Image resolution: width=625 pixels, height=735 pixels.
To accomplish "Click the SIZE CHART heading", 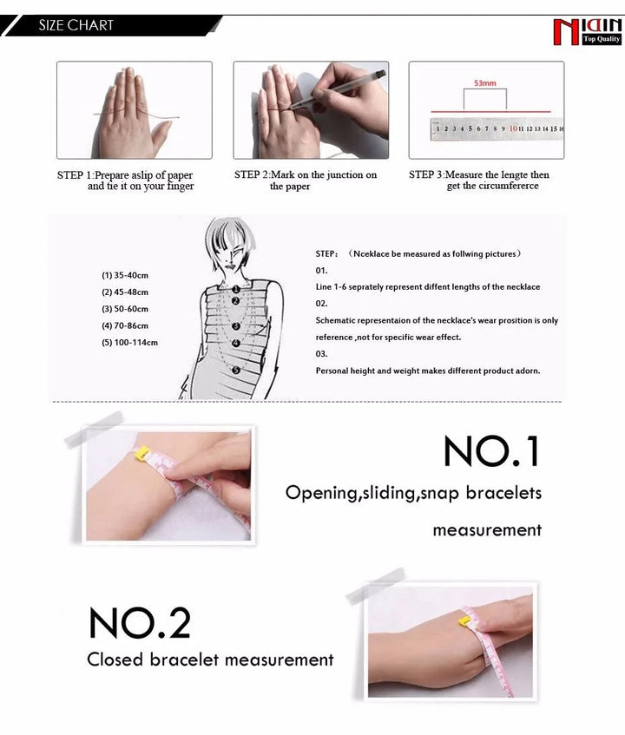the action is click(76, 25).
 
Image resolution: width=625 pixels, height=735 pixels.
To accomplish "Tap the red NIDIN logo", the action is click(588, 32).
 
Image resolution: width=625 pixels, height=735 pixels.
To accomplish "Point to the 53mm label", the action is click(484, 83).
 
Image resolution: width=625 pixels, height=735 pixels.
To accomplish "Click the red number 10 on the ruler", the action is click(513, 128).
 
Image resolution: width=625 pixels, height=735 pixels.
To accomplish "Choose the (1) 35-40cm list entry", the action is click(125, 275).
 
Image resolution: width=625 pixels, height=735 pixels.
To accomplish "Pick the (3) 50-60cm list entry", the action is click(125, 309).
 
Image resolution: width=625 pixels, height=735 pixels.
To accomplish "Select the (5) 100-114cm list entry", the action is click(129, 343).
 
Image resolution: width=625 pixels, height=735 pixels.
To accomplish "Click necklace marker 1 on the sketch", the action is click(236, 289).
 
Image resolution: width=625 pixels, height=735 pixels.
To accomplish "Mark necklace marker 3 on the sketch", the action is click(236, 325).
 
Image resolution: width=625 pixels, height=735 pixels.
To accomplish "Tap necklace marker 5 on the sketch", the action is click(236, 371).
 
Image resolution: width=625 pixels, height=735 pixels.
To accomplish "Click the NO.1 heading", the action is click(491, 451).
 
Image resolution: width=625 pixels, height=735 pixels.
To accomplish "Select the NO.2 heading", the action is click(140, 623).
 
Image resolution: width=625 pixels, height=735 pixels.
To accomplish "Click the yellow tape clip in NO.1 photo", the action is click(142, 453).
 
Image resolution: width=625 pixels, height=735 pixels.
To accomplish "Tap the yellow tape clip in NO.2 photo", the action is click(465, 622).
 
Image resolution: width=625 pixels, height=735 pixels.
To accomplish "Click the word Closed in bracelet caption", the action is click(115, 660).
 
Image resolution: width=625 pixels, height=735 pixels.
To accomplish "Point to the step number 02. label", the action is click(321, 303).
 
